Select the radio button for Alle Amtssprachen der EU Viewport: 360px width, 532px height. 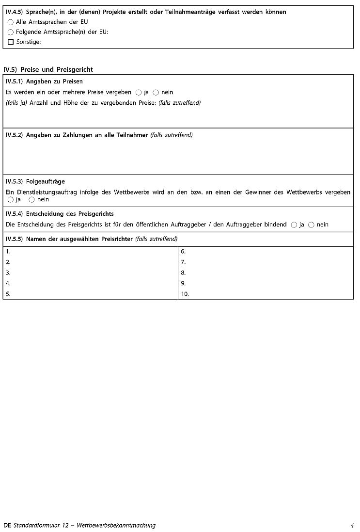click(11, 22)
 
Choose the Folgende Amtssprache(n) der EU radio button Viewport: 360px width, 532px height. click(11, 32)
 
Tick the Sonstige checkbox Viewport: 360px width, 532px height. click(11, 43)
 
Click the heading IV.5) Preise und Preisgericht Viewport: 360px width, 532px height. click(48, 70)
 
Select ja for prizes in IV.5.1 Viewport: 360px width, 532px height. click(139, 92)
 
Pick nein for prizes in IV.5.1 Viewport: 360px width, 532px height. click(156, 92)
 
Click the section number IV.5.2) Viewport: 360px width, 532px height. click(15, 135)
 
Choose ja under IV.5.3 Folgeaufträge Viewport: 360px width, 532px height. click(11, 200)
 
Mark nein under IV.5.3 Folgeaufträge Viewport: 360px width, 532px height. click(31, 200)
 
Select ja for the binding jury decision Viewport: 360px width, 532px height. click(294, 225)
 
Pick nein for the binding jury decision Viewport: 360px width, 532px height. click(311, 225)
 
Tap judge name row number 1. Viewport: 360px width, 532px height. click(8, 252)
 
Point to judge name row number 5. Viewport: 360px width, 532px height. click(8, 294)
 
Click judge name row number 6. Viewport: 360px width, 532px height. click(183, 252)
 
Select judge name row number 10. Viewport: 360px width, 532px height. click(185, 294)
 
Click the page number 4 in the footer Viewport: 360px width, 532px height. click(352, 525)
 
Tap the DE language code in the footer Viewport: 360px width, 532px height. click(7, 525)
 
